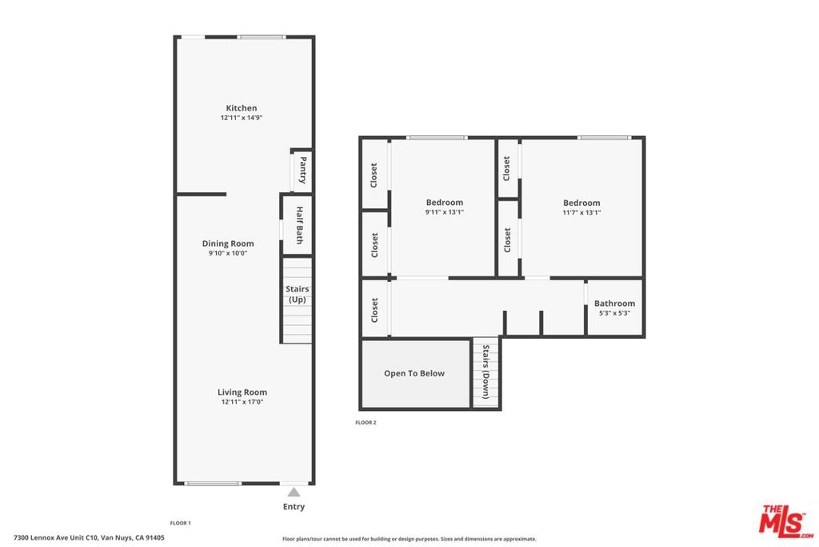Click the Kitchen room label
[242, 108]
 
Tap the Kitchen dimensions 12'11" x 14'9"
[242, 118]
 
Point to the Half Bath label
[300, 225]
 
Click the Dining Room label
[228, 243]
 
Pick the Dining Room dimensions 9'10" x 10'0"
[228, 253]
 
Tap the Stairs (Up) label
[298, 294]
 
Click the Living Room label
[242, 392]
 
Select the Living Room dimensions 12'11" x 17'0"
[242, 401]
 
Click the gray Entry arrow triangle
[294, 492]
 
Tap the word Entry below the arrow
[294, 506]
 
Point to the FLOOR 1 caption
[180, 523]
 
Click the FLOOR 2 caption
[366, 423]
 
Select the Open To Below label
[414, 373]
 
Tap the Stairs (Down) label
[485, 372]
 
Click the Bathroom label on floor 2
[615, 304]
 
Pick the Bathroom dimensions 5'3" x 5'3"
[615, 313]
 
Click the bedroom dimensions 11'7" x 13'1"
[581, 213]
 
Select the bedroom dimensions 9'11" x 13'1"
[445, 212]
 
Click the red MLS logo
[785, 521]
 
